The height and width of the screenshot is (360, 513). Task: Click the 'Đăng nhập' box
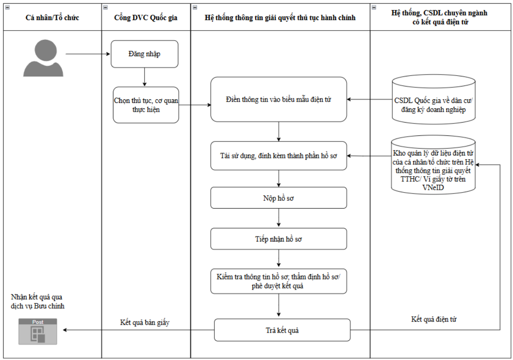coord(144,54)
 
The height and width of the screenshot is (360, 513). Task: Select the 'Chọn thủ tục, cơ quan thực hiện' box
coord(146,105)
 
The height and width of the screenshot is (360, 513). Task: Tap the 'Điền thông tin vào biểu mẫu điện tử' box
coord(278,99)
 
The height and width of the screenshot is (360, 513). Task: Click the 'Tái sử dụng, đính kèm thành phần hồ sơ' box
coord(278,156)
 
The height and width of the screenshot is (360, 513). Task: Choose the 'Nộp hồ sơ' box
coord(278,198)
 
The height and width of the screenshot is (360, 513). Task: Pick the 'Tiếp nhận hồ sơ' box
coord(278,239)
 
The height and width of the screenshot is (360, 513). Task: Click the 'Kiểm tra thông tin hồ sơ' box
coord(278,281)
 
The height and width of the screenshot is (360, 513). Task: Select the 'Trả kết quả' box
coord(283,330)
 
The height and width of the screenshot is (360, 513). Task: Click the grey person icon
coord(43,58)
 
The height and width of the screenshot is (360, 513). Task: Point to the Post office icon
coord(37,331)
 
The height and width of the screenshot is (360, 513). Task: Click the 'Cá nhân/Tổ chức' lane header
coord(52,17)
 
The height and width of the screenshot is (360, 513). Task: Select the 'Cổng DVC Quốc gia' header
coord(146,17)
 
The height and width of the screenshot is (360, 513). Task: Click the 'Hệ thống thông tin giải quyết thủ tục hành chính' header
coord(280,17)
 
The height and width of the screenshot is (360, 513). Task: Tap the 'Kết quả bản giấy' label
coord(144,322)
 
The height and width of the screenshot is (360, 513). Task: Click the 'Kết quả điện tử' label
coord(434,319)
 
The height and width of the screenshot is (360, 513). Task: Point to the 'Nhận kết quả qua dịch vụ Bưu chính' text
coord(37,301)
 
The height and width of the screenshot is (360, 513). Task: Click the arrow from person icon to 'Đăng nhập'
coord(88,54)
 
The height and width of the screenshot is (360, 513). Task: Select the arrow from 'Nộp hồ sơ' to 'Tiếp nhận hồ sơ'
coord(278,218)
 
